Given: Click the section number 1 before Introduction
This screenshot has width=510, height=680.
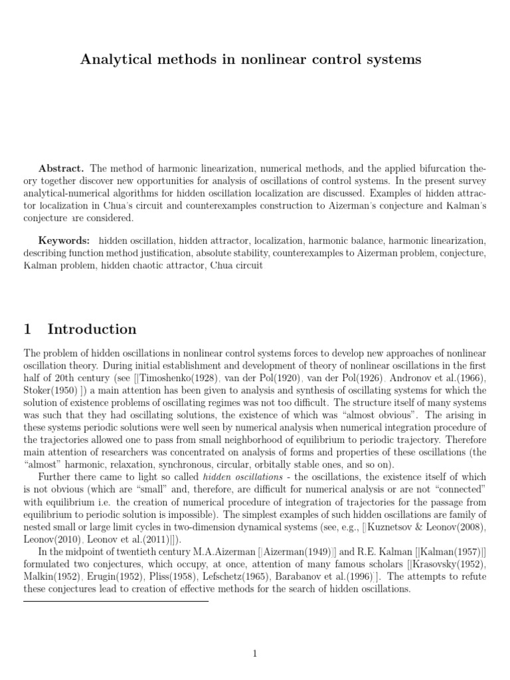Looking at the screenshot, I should pos(27,329).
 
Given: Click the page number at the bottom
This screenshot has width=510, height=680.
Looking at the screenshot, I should pos(254,654).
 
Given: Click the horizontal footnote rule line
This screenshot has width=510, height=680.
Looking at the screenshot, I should pos(116,602).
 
